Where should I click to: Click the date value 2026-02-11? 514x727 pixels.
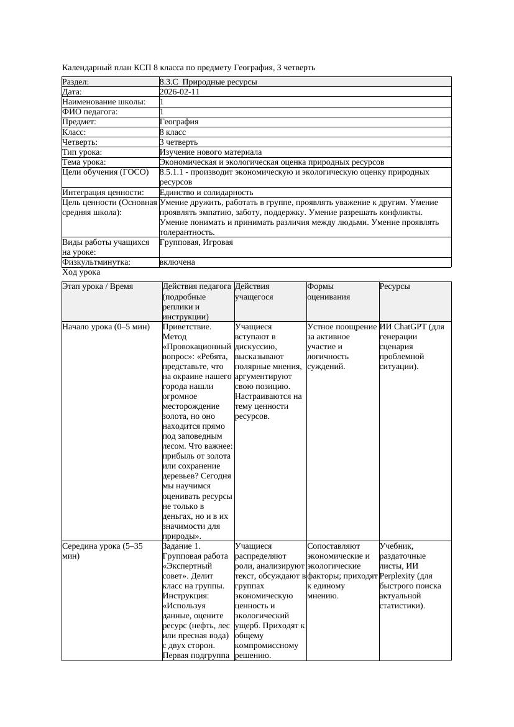[180, 92]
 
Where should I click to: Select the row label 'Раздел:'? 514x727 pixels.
[76, 82]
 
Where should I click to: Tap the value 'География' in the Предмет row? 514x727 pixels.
[179, 122]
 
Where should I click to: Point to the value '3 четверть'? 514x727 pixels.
[178, 142]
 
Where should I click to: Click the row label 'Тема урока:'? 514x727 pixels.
[84, 162]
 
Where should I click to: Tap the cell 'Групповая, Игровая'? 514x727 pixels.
[196, 242]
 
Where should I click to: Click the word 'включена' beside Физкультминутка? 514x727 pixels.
[177, 262]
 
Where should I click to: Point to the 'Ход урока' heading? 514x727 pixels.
[81, 272]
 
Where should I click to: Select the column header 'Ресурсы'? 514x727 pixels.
[395, 286]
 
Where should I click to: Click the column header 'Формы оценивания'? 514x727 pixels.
[329, 291]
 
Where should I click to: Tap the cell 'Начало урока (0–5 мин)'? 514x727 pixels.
[106, 326]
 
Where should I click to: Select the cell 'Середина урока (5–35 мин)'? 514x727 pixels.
[103, 551]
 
